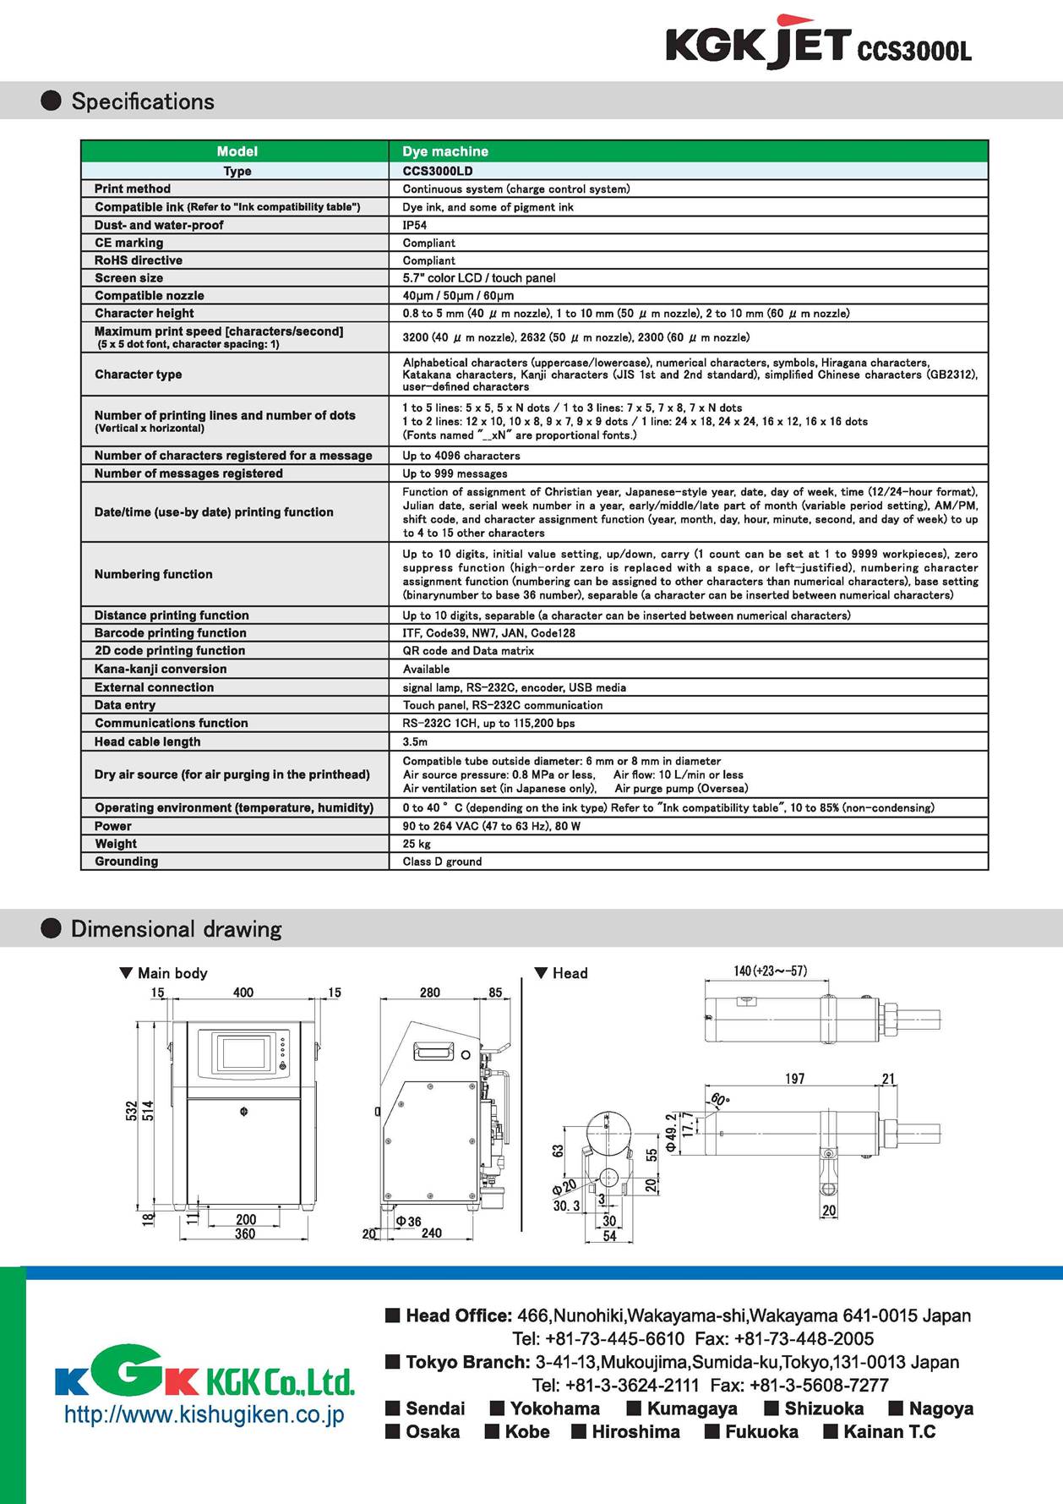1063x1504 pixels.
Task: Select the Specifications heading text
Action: click(143, 101)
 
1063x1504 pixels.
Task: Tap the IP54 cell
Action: click(414, 225)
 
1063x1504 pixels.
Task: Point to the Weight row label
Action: click(116, 844)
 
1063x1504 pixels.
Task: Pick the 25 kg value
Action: click(416, 844)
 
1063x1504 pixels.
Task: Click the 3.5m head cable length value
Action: click(415, 741)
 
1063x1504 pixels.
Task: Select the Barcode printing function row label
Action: click(171, 632)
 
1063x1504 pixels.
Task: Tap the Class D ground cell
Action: click(442, 861)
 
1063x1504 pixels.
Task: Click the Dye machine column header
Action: click(445, 151)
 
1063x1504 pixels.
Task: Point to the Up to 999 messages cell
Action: click(455, 473)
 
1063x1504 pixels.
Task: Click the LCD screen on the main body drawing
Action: click(243, 1055)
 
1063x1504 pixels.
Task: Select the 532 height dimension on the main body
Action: click(131, 1110)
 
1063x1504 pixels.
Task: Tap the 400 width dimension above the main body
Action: click(243, 993)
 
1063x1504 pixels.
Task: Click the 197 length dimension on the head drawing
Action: click(794, 1079)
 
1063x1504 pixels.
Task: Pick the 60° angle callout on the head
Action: click(719, 1100)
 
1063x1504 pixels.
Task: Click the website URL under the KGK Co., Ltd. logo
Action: click(204, 1414)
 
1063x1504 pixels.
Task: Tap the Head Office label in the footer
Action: click(459, 1315)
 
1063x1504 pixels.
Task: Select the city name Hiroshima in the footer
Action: click(635, 1431)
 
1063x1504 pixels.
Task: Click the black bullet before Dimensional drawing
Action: click(52, 929)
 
